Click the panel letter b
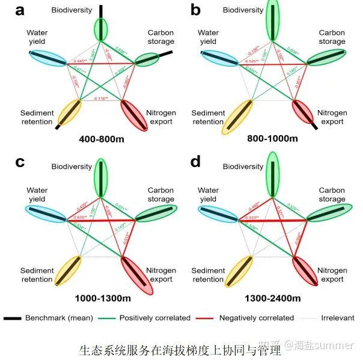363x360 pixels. click(x=196, y=10)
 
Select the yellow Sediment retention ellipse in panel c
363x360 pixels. click(x=67, y=270)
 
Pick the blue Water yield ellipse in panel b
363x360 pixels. click(x=222, y=57)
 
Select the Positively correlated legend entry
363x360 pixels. click(x=154, y=317)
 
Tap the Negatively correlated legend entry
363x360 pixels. click(x=255, y=317)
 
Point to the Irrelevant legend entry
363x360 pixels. click(x=338, y=317)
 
